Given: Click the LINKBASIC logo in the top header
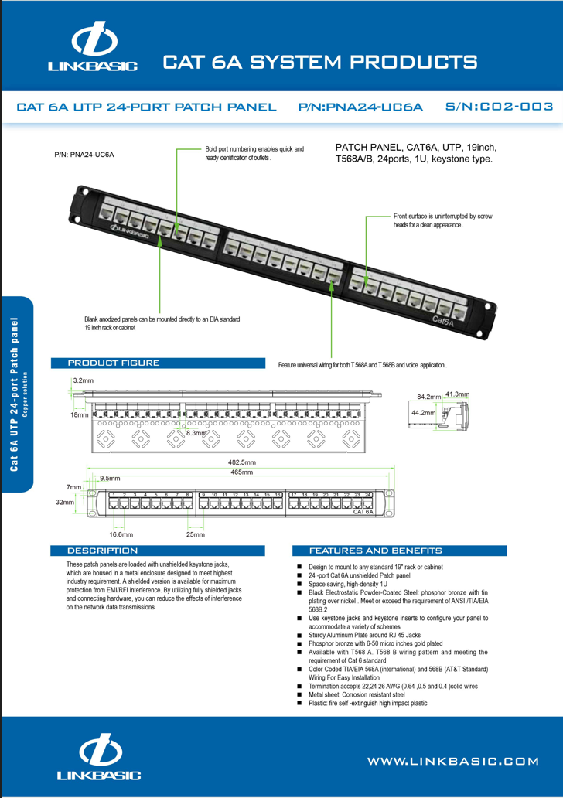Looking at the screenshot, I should [93, 49].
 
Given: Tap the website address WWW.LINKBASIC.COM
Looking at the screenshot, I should [452, 761].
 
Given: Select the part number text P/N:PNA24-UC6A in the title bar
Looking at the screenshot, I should [360, 107].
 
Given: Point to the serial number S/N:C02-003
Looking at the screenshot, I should [500, 106].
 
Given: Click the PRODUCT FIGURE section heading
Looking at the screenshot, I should [114, 363].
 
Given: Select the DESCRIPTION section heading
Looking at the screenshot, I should [102, 551].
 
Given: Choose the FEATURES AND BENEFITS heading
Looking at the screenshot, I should [375, 551].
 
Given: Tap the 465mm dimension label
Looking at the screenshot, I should [242, 472].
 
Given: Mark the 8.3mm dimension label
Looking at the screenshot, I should [197, 433].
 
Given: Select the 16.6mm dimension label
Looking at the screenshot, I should [121, 534].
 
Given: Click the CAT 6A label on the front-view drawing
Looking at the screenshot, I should [363, 512].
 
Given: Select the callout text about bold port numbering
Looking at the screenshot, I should [254, 153].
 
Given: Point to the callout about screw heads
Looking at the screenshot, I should [442, 220].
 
